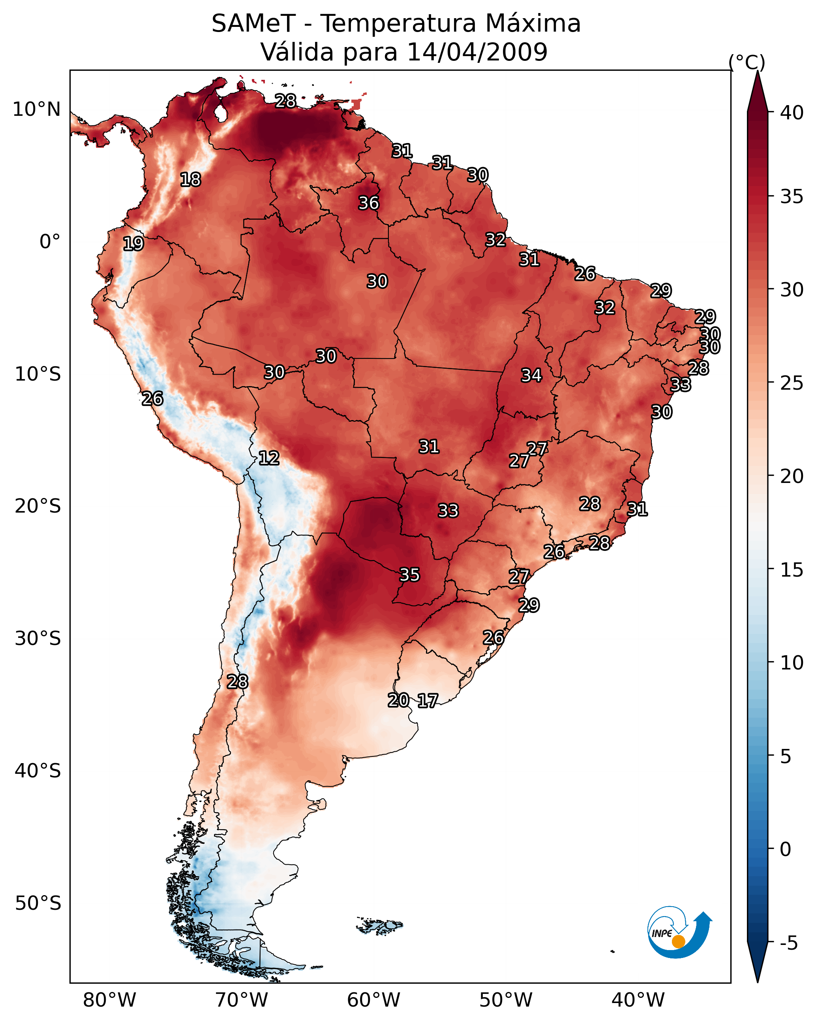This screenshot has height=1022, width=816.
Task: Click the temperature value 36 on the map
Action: pos(368,203)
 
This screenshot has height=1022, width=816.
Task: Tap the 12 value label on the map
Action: pos(268,458)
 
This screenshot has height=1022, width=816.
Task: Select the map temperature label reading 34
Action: pos(531,375)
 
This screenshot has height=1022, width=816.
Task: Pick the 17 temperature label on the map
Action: pos(428,701)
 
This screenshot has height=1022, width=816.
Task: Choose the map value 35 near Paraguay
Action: pos(410,575)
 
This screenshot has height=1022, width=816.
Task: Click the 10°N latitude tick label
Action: pos(36,109)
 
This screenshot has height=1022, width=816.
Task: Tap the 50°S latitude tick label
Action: pos(38,903)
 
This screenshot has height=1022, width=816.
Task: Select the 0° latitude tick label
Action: pos(50,242)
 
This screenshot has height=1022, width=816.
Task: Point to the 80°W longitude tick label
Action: pos(109,1000)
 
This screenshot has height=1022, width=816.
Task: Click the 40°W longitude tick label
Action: pos(638,1000)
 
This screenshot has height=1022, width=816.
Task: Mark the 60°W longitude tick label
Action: pos(374,1000)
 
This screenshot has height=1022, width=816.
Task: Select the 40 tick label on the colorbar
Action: pos(792,113)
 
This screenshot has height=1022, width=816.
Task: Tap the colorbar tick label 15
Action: pos(792,570)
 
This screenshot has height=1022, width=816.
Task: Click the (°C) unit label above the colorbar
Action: pos(747,62)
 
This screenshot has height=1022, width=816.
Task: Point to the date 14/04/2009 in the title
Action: pos(477,52)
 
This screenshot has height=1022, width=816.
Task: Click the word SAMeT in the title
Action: pos(253,23)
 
